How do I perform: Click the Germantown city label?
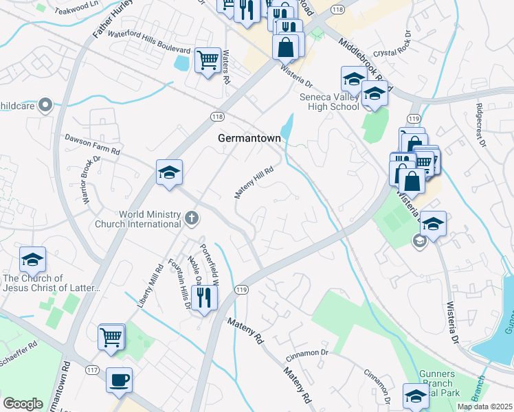pyautogui.click(x=249, y=138)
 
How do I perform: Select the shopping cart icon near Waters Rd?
pyautogui.click(x=208, y=60)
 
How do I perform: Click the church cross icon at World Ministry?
pyautogui.click(x=192, y=219)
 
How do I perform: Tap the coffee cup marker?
pyautogui.click(x=119, y=380)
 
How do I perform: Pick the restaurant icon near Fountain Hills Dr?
pyautogui.click(x=204, y=297)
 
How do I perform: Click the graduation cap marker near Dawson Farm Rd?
pyautogui.click(x=168, y=173)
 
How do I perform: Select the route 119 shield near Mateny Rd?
pyautogui.click(x=241, y=290)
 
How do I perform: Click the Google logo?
pyautogui.click(x=23, y=404)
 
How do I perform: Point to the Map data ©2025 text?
pyautogui.click(x=484, y=407)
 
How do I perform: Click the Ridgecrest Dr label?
pyautogui.click(x=480, y=125)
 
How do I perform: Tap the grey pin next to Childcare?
pyautogui.click(x=45, y=105)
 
